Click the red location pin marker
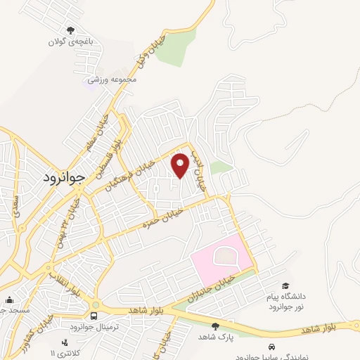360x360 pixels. click(181, 165)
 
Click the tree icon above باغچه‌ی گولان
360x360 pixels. click(70, 30)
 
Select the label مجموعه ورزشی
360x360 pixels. click(111, 79)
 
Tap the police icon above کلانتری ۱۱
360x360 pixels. click(65, 342)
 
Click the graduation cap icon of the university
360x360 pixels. click(285, 285)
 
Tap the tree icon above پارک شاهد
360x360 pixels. click(215, 326)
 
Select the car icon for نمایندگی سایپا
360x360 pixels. click(271, 347)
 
